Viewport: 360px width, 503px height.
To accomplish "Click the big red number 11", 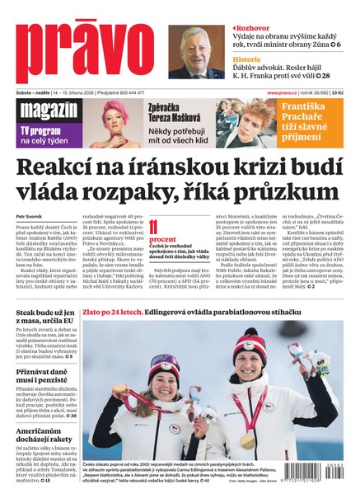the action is click(154, 226).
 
